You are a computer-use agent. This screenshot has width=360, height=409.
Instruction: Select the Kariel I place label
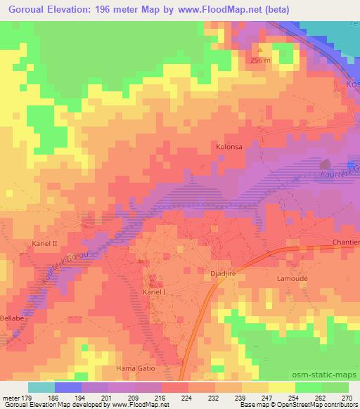(156, 291)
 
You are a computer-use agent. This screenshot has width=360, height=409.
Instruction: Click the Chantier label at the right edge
(345, 242)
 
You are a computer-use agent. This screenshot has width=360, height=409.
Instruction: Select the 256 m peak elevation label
(259, 60)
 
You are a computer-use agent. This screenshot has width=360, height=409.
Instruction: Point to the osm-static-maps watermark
(324, 375)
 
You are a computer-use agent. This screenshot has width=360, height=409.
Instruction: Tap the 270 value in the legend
(347, 397)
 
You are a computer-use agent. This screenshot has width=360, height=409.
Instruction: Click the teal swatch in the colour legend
(41, 387)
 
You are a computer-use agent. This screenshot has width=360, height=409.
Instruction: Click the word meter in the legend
(12, 397)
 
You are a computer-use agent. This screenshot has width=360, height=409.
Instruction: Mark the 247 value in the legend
(267, 397)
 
